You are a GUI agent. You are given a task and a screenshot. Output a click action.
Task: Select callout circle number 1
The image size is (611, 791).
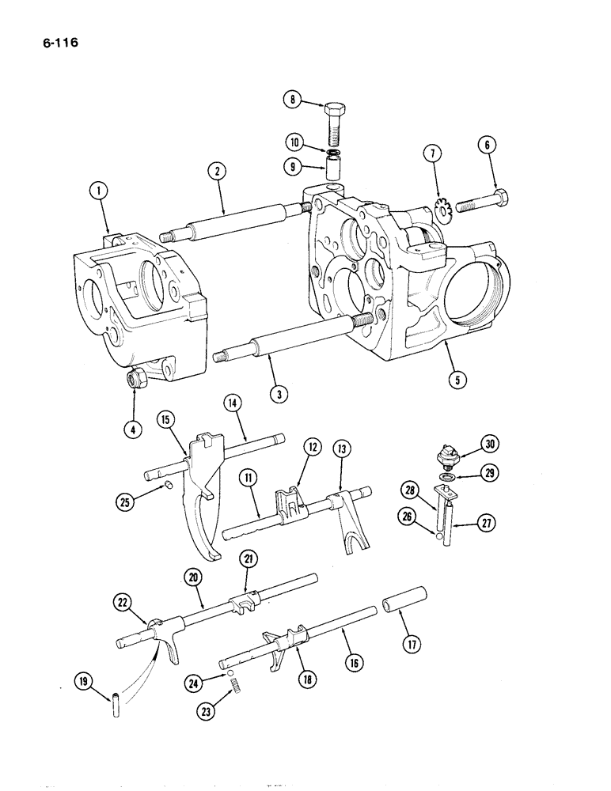[97, 191]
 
